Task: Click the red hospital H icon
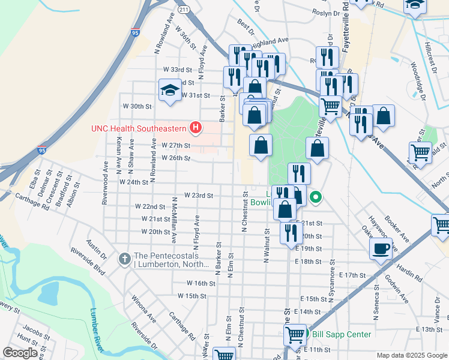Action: point(195,127)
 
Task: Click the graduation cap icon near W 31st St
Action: point(170,91)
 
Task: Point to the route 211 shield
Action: point(184,10)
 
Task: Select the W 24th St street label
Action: point(134,182)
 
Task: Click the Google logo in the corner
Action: point(20,353)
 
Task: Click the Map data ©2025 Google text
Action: point(411,355)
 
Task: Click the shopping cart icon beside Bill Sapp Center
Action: point(294,334)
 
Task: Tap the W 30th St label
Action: point(137,106)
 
